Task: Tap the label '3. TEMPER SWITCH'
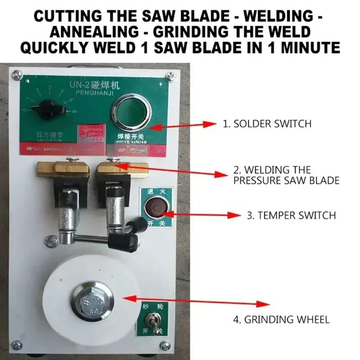tap(291, 215)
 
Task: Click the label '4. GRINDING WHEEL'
tap(281, 320)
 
